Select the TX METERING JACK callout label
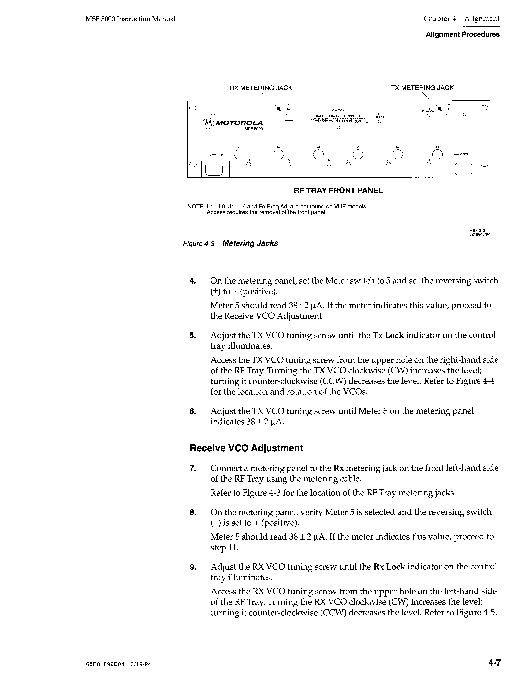[x=422, y=88]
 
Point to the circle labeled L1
[x=239, y=154]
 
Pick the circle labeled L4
[x=358, y=154]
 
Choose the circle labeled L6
[x=437, y=154]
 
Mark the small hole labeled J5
[x=389, y=164]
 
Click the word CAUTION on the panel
[x=338, y=110]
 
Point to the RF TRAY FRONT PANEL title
[x=338, y=190]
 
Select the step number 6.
[x=193, y=411]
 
